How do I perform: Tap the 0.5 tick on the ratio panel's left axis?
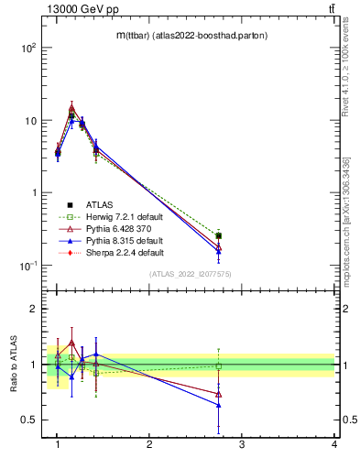coord(27,420)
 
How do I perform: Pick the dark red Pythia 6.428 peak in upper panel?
coord(71,107)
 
